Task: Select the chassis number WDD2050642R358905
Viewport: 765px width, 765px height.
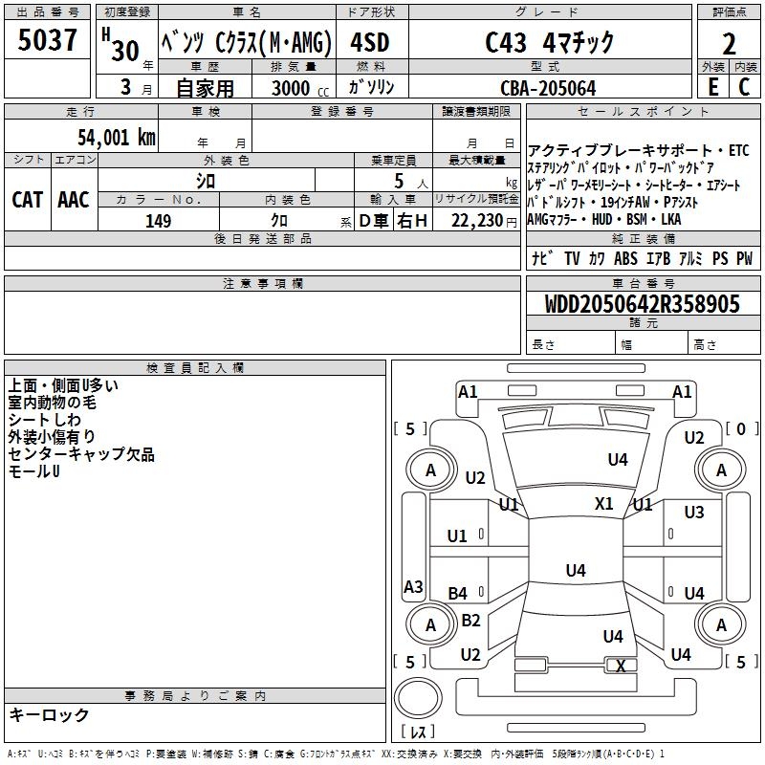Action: point(643,305)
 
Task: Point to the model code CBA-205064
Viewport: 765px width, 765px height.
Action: point(548,88)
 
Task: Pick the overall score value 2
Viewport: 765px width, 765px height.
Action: point(729,44)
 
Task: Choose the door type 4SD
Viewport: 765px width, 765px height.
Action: point(369,44)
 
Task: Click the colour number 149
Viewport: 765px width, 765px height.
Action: point(159,221)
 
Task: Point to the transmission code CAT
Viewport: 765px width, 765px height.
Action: point(28,200)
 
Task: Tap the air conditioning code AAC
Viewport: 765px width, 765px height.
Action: point(74,200)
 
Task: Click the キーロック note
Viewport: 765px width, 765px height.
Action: point(49,715)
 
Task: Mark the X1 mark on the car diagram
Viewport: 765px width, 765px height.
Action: point(604,504)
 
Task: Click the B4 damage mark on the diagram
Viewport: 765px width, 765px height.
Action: point(458,594)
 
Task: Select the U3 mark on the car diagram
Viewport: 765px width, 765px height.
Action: point(694,514)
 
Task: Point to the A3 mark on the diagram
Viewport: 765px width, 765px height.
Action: point(413,587)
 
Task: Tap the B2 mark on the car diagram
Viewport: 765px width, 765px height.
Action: point(470,621)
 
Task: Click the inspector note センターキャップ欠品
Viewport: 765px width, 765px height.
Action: point(81,455)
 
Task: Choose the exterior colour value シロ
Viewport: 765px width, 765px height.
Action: point(206,180)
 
